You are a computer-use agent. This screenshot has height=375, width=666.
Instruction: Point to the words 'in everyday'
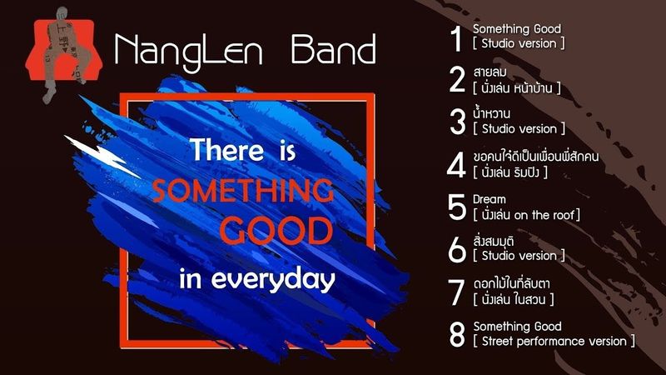coord(256,278)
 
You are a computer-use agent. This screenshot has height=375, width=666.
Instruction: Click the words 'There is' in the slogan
coord(243,152)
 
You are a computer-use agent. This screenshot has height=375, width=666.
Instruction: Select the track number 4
coord(455,164)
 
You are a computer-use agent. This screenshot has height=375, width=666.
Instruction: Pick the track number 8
coord(456,334)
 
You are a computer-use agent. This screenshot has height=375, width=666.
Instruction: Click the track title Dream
coord(489,200)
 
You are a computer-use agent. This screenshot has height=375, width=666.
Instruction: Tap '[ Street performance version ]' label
coord(554,341)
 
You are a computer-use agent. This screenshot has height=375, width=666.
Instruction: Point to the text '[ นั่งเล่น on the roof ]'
coord(526,214)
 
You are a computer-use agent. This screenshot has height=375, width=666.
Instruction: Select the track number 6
coord(456,249)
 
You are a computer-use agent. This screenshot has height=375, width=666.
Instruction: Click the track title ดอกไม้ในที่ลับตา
coord(516,284)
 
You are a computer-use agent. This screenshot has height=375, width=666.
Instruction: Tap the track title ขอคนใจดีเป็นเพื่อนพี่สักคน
coord(547,157)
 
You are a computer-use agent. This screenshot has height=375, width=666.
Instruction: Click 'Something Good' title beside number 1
coord(517,29)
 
